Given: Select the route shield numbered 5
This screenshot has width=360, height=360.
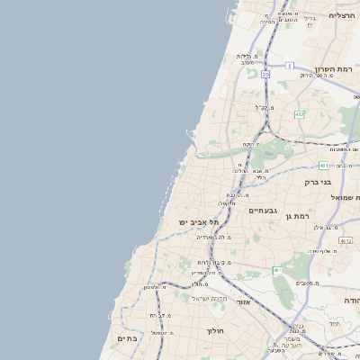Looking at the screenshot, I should click(x=291, y=66).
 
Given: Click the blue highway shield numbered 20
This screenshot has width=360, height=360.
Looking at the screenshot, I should click(x=265, y=75).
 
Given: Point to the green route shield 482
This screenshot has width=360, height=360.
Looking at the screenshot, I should click(x=299, y=113).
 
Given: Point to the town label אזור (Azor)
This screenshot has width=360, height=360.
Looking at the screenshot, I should click(x=242, y=301).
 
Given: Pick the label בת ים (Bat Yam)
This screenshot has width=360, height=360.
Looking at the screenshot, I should click(x=126, y=337).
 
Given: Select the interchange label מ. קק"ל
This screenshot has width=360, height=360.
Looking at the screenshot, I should click(x=265, y=107).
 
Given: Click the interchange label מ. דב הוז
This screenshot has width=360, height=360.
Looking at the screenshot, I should click(x=158, y=315).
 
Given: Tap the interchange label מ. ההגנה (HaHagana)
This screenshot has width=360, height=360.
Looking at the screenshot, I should click(x=217, y=237).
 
